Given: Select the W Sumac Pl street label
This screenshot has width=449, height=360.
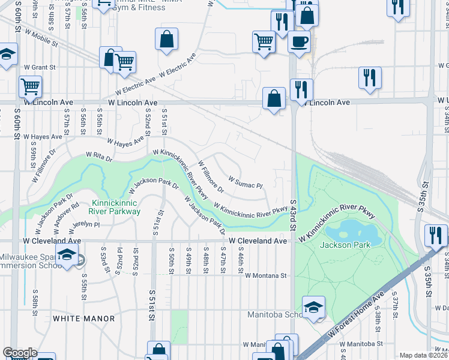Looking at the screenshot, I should (246, 182).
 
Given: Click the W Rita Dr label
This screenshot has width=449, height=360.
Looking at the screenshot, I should (99, 157).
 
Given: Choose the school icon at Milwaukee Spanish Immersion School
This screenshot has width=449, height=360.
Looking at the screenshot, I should (67, 254).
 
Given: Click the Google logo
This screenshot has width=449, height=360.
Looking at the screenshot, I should (20, 353).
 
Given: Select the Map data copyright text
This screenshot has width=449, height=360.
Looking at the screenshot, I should (424, 355).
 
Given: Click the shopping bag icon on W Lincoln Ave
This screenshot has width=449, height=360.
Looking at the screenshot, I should (274, 98).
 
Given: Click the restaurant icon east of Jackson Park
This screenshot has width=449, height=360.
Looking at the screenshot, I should (435, 235).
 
